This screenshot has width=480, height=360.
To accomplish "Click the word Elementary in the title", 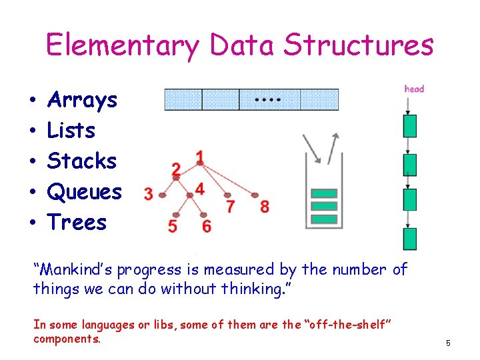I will click(122, 45).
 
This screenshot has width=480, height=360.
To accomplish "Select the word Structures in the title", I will click(359, 45).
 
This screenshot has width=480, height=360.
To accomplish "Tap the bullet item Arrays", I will click(82, 100).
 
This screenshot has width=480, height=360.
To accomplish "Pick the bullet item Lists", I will click(71, 131).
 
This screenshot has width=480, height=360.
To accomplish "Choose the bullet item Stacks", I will click(82, 161).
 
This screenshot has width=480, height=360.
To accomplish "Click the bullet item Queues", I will click(85, 192).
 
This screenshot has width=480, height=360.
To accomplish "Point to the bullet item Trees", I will click(77, 222).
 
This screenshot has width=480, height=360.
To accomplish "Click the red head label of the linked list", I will click(414, 89).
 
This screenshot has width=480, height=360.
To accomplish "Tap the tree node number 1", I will click(199, 157).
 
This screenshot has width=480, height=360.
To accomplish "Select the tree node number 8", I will click(265, 206).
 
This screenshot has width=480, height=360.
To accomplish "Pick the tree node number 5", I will click(173, 227).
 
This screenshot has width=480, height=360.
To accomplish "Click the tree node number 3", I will click(148, 194).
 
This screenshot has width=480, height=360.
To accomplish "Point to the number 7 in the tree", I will click(230, 207).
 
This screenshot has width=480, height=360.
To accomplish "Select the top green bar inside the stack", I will click(325, 194).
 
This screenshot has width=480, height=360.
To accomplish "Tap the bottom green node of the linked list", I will click(410, 239).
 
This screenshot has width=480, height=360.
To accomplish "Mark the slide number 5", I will click(448, 343).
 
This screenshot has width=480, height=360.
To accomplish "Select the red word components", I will click(67, 339).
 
